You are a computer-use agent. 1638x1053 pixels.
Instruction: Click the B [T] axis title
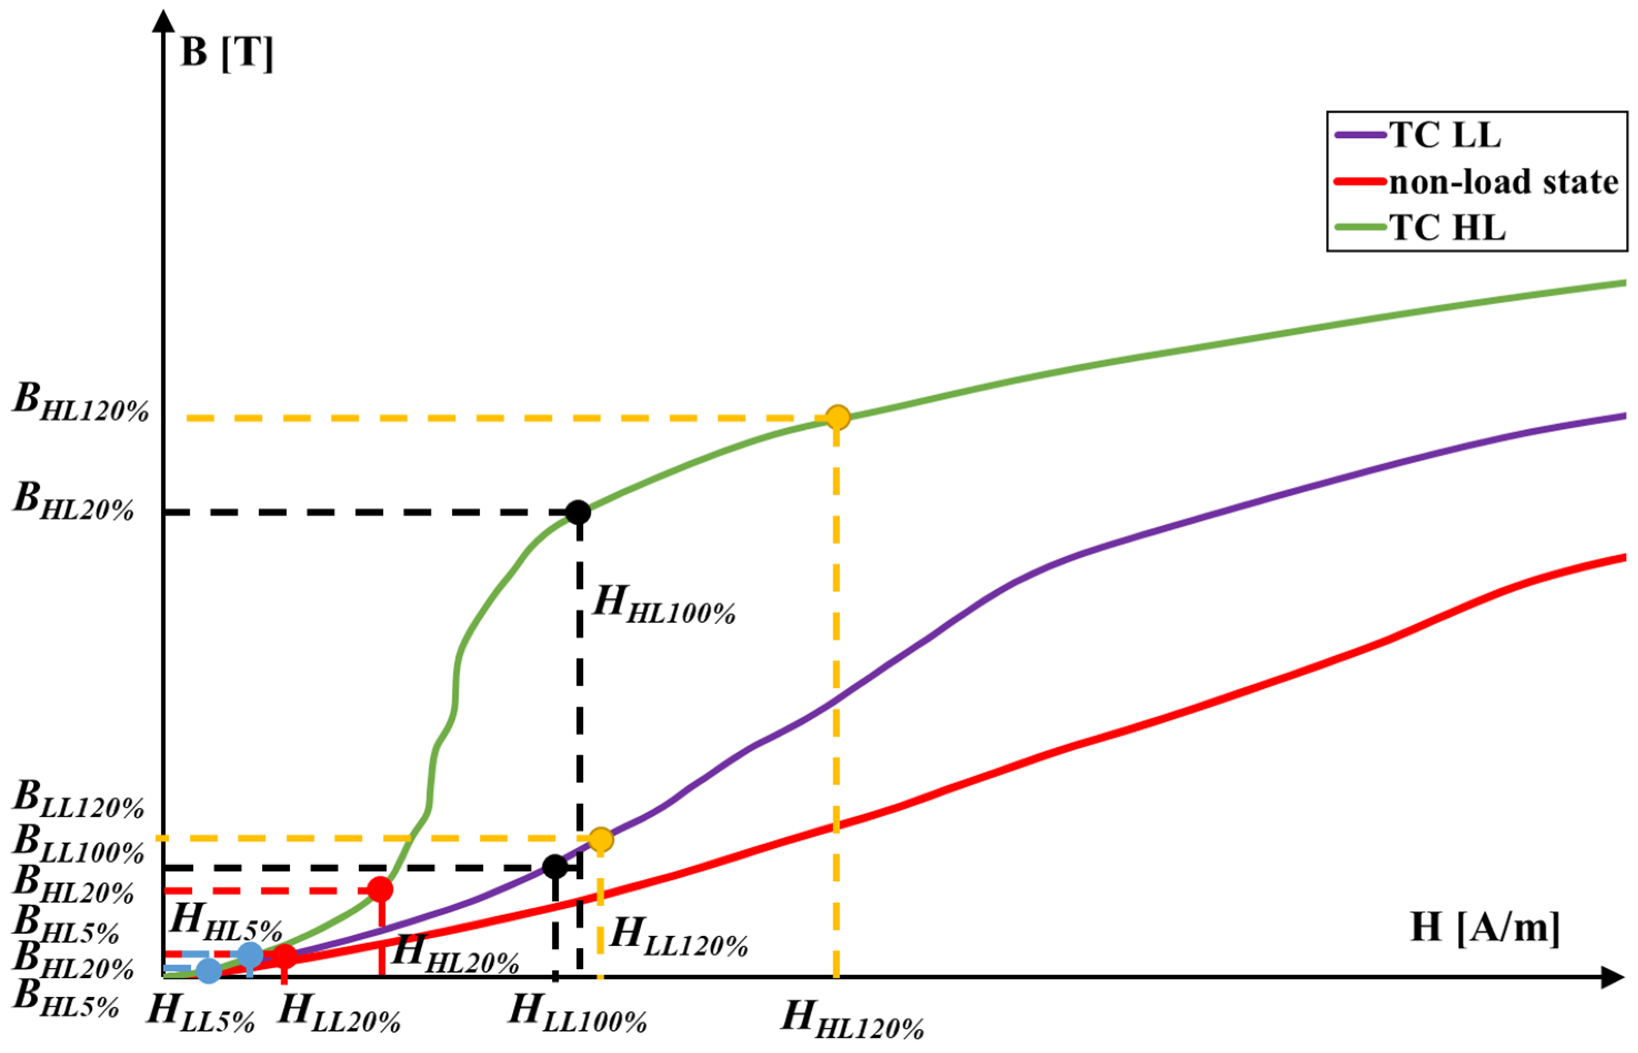(226, 52)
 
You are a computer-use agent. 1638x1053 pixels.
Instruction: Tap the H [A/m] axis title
(1485, 928)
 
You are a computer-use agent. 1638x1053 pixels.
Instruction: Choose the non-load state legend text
(1503, 182)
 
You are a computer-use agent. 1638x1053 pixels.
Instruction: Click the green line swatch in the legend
(1360, 228)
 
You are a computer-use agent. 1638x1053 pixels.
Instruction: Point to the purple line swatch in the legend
(1360, 135)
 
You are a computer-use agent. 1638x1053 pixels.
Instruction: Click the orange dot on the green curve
(837, 417)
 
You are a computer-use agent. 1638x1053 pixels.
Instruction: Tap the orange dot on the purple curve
(600, 839)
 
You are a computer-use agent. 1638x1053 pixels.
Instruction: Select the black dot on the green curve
(578, 511)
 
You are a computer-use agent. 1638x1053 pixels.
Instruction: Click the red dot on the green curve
(380, 889)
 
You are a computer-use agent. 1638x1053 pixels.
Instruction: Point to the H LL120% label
(679, 937)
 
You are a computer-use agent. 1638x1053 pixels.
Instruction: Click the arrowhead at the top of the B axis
(164, 21)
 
